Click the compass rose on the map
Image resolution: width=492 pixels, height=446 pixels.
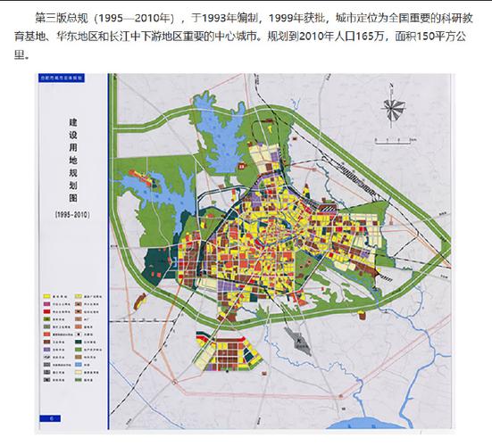pyautogui.click(x=393, y=107)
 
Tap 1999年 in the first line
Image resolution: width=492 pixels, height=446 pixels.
pyautogui.click(x=283, y=17)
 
